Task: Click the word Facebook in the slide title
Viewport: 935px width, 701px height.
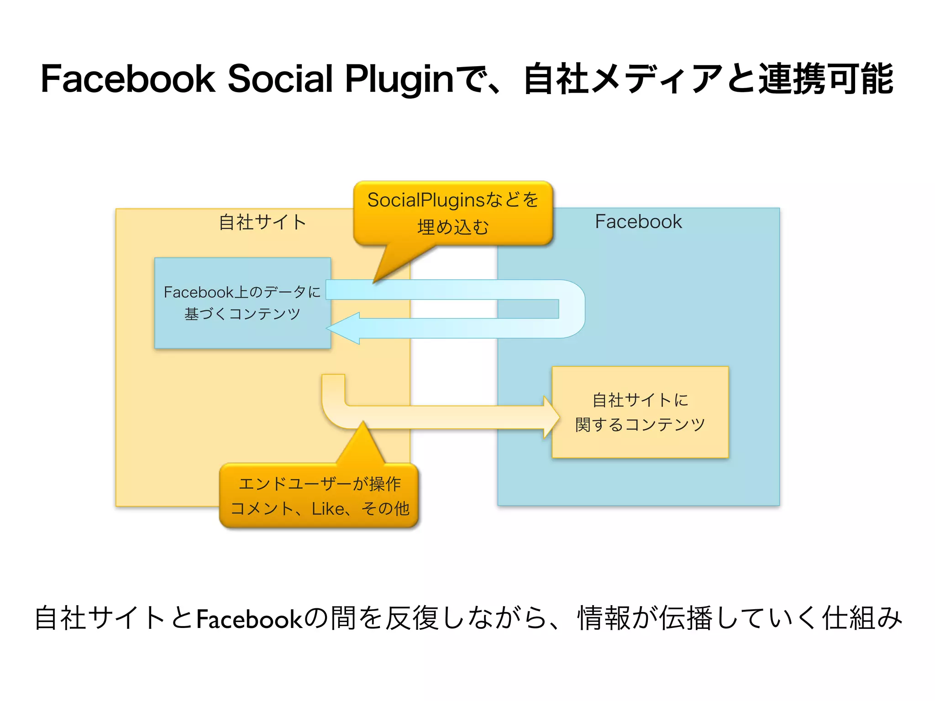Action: [x=128, y=79]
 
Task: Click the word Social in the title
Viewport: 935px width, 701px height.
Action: [x=279, y=79]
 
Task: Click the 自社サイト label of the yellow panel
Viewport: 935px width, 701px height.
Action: [x=262, y=222]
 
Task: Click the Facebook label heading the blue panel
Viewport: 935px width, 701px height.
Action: [x=638, y=222]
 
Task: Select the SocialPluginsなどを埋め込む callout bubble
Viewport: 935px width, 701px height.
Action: [x=453, y=213]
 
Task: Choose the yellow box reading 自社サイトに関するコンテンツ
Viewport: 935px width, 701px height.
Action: [x=640, y=412]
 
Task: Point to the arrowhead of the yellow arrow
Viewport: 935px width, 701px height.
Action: [x=551, y=417]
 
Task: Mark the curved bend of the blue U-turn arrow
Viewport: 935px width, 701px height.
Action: [x=573, y=309]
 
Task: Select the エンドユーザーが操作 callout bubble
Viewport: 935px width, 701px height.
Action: [x=319, y=496]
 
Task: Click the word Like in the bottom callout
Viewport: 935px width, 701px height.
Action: [x=328, y=509]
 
